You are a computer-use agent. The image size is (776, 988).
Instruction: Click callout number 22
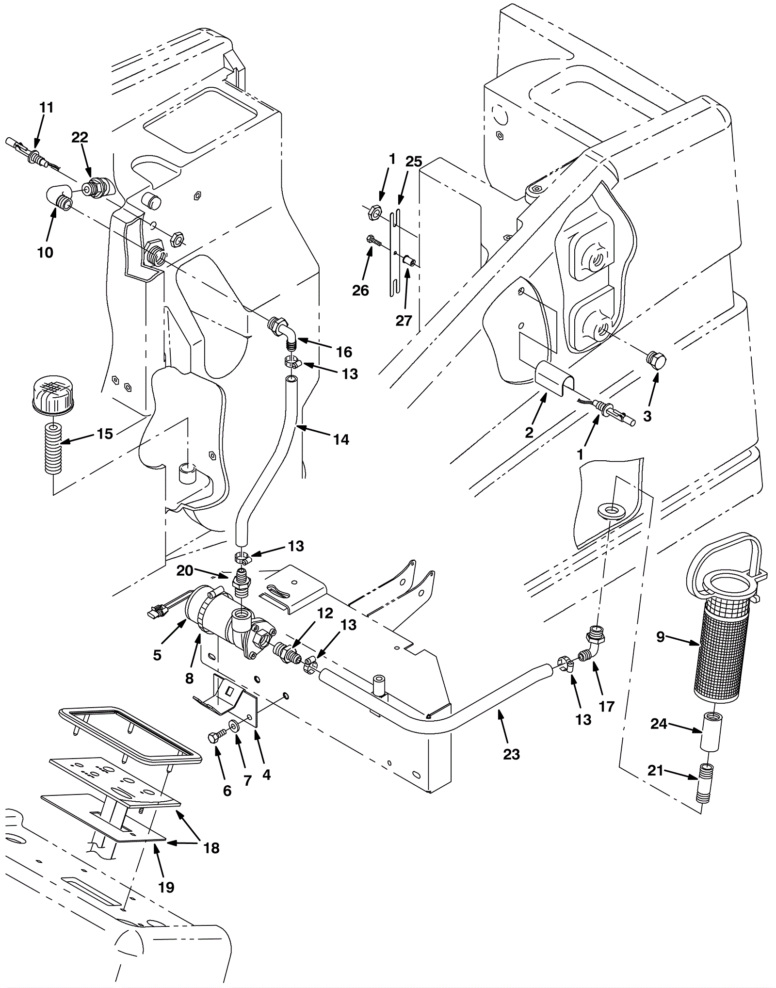pyautogui.click(x=80, y=137)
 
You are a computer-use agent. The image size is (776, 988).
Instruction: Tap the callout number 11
pyautogui.click(x=46, y=107)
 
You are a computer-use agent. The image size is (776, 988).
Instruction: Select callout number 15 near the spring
pyautogui.click(x=104, y=434)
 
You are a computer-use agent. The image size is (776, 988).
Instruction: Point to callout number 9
pyautogui.click(x=660, y=637)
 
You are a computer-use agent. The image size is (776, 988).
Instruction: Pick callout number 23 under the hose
pyautogui.click(x=511, y=754)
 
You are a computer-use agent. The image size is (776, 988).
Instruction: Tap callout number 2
pyautogui.click(x=529, y=433)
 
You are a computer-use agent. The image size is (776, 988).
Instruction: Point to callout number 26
pyautogui.click(x=361, y=290)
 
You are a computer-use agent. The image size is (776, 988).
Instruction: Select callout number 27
pyautogui.click(x=404, y=320)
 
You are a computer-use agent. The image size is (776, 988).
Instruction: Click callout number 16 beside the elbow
pyautogui.click(x=344, y=352)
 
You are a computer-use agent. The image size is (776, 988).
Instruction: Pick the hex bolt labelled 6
pyautogui.click(x=216, y=751)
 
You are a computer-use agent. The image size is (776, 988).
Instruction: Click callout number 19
pyautogui.click(x=166, y=887)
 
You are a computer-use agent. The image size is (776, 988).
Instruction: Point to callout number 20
pyautogui.click(x=185, y=571)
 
